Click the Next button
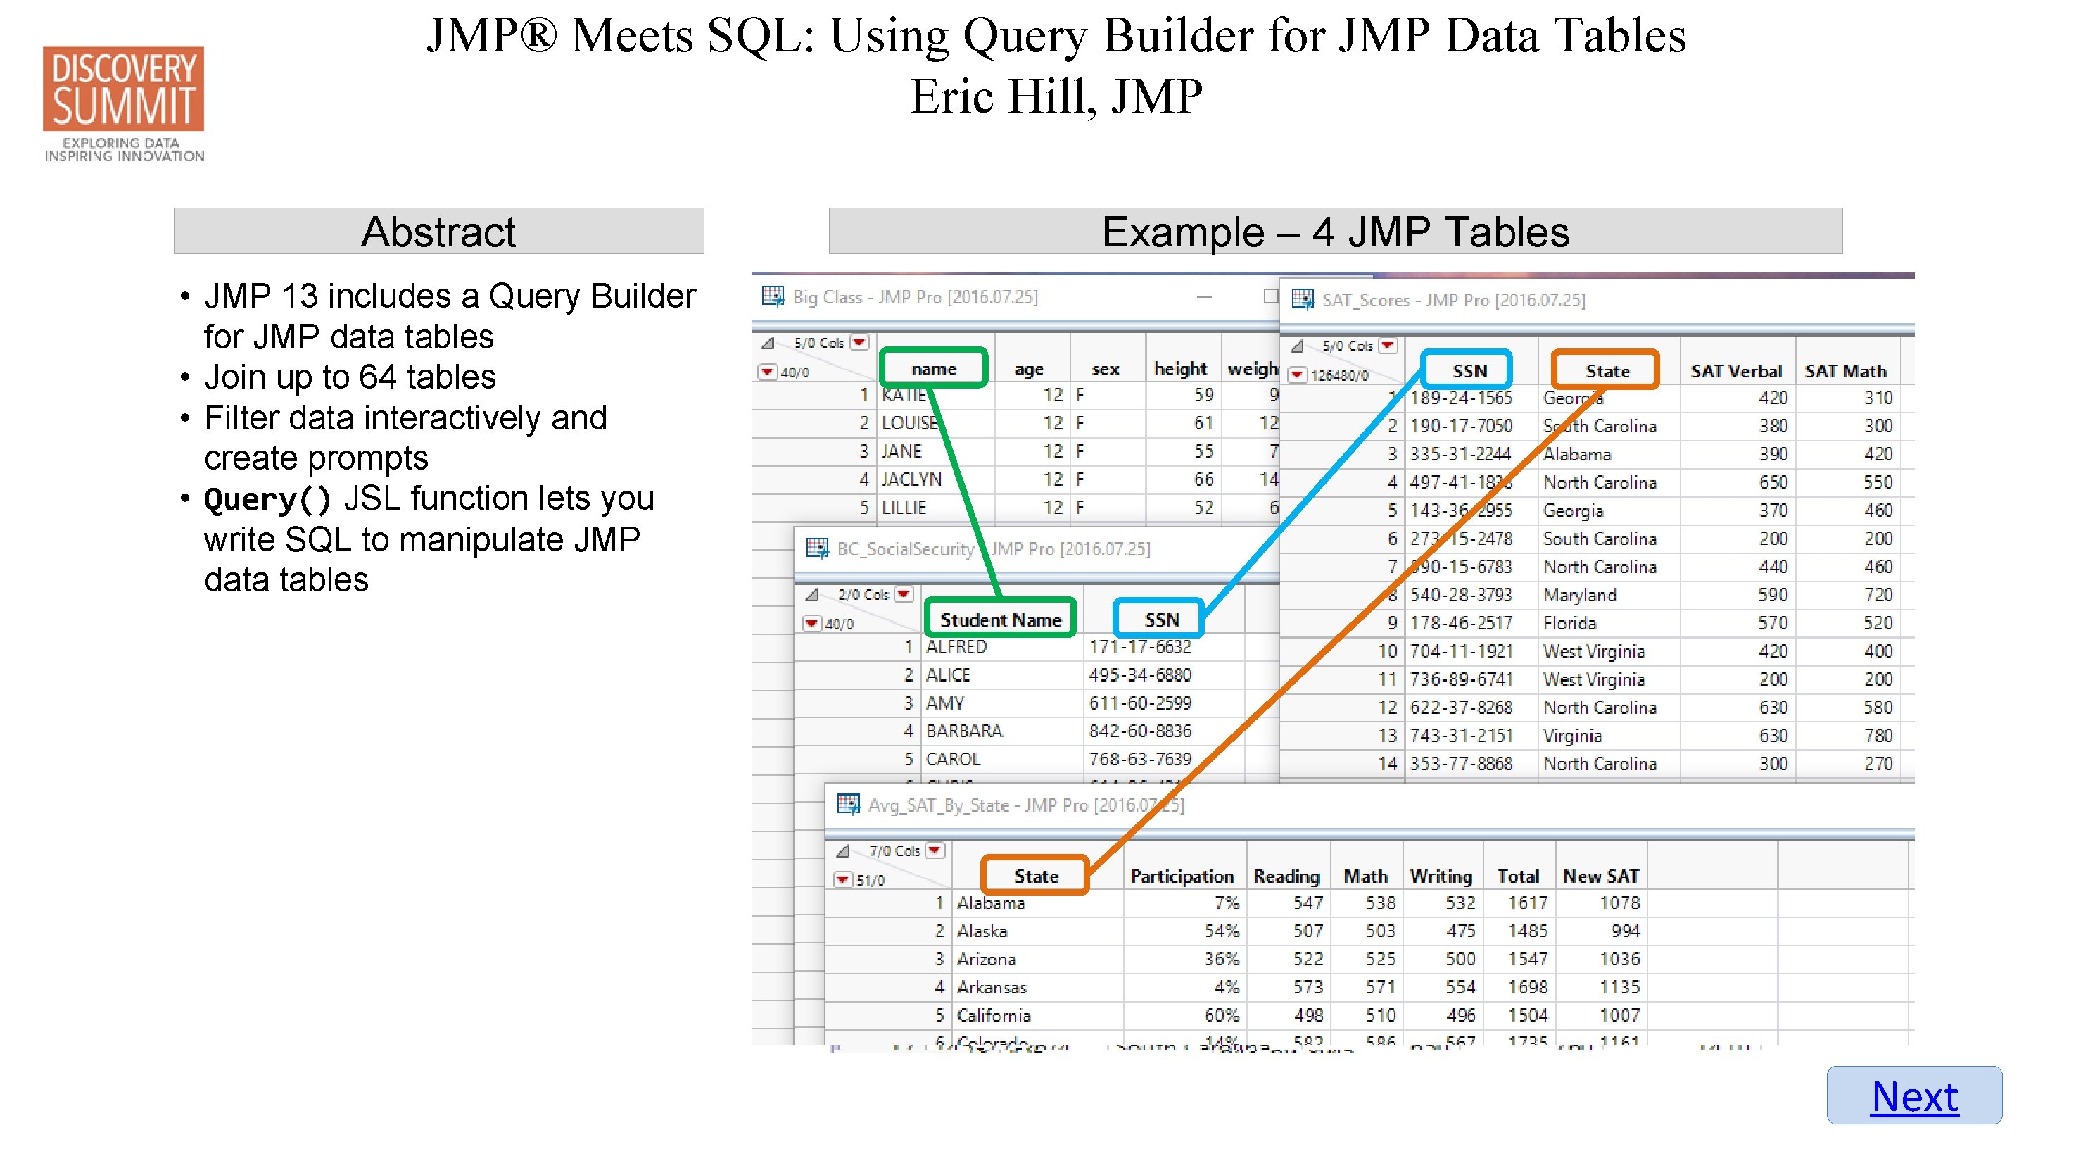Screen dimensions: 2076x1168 (1913, 1095)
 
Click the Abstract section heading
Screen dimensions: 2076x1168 (438, 232)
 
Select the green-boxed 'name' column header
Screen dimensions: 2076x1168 (933, 368)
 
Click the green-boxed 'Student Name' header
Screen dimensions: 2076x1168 (1000, 619)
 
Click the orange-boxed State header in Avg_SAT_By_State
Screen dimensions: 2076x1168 (1034, 875)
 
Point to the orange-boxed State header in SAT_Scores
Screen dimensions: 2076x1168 (1606, 371)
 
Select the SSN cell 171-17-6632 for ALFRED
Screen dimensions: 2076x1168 (1139, 646)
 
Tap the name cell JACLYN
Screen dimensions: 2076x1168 (911, 479)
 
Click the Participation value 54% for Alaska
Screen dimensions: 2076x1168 (1221, 930)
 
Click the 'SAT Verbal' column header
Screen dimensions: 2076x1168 (1735, 371)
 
